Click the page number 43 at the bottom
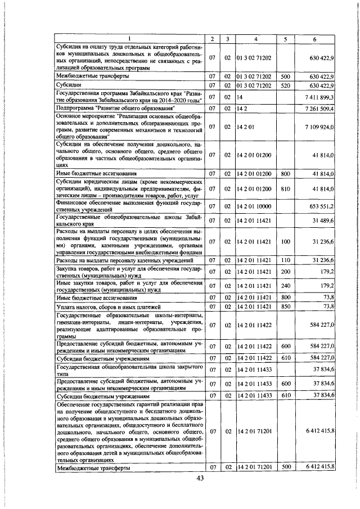(199, 478)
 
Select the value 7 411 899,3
(319, 97)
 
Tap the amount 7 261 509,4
(319, 108)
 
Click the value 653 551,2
(319, 207)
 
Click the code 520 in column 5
(285, 85)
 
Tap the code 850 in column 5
(285, 307)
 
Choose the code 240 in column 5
(285, 286)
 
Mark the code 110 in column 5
(285, 260)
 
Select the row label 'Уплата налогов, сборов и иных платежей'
(109, 307)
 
